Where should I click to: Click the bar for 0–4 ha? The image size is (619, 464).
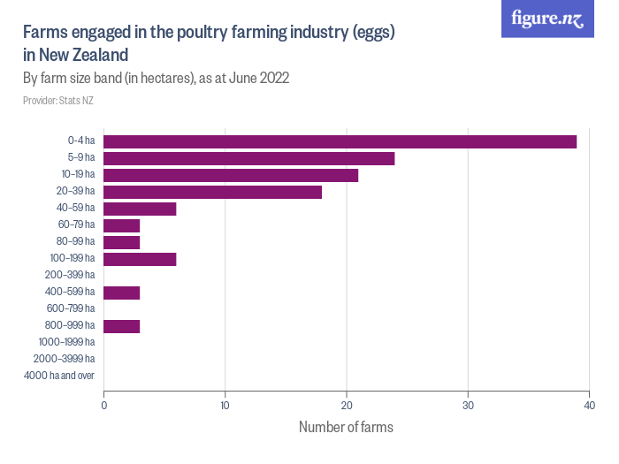point(340,141)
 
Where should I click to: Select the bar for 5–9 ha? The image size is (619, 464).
point(249,158)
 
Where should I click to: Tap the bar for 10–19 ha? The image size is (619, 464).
point(231,175)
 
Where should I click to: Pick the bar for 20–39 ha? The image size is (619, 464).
point(213,192)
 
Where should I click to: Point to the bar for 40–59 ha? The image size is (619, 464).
point(141,209)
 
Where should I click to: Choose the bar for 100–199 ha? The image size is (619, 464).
point(141,259)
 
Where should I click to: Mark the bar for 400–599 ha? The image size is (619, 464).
point(122,293)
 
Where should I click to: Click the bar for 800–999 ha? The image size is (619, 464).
point(122,326)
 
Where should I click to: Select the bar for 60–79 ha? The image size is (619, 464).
point(122,225)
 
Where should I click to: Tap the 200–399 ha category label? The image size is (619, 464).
point(70,276)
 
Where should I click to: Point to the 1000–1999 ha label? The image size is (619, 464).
point(67,343)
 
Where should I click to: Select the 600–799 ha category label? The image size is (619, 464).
point(70,309)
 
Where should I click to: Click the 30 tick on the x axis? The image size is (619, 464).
point(468,406)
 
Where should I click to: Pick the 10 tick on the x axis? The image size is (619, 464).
point(225,406)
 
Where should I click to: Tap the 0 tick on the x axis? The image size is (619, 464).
point(104,406)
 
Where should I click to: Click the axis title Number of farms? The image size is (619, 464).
point(346,427)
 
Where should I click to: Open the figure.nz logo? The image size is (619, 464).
point(547,19)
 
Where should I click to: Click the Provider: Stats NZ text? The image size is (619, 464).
point(57,101)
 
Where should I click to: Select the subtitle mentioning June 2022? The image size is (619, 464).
point(157,78)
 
